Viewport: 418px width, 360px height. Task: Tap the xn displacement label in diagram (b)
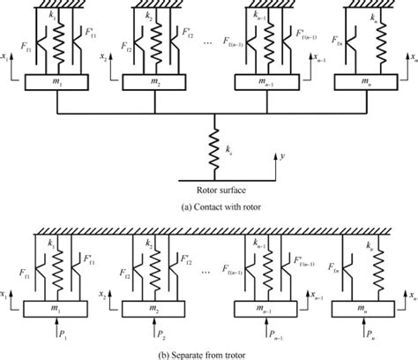(x=407, y=293)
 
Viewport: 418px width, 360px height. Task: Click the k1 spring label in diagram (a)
(x=52, y=16)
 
